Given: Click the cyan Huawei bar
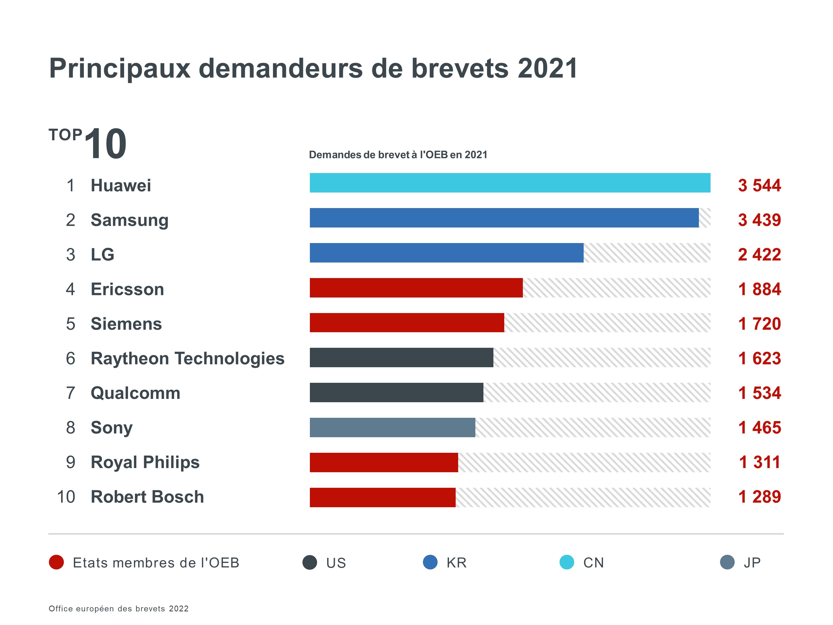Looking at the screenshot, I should pos(510,183).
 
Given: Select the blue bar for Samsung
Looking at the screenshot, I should pos(504,218).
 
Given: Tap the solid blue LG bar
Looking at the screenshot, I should pos(446,253).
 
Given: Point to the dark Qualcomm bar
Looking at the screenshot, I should pos(396,392).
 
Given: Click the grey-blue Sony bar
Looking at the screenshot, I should pos(392,427).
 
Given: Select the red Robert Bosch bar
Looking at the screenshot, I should pos(382,497).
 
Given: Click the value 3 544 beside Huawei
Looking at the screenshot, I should pos(759,185).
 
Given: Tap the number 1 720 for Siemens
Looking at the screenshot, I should pos(759,324).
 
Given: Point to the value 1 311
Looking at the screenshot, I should pos(759,462).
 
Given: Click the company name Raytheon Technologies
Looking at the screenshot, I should pos(187,358).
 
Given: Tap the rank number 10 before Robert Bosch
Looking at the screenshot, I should pos(66,497).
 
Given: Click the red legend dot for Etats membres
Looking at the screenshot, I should pos(56,562).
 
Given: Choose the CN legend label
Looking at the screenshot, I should pos(593,563).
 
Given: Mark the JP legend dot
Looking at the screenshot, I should pos(727,562).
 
